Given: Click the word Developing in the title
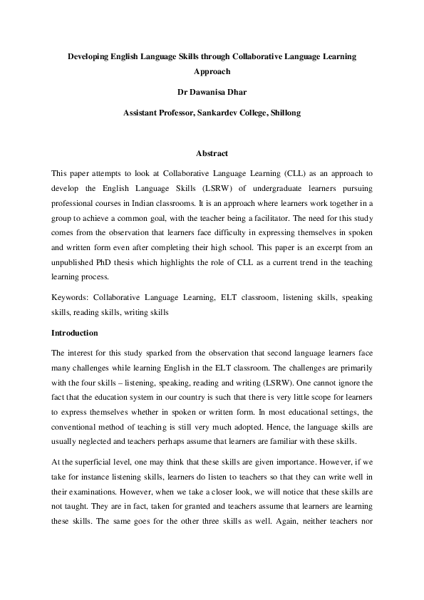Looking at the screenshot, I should (88, 55).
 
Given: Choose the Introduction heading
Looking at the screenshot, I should (75, 333).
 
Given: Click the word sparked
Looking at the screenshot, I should (156, 353).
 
